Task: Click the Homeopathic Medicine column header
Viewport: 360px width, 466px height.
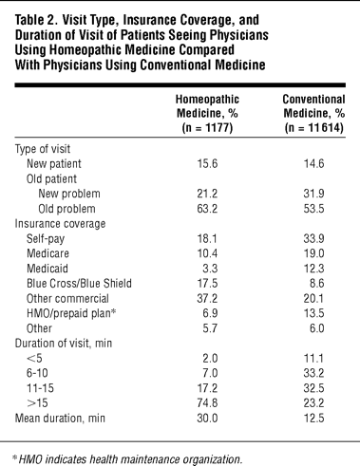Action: coord(207,114)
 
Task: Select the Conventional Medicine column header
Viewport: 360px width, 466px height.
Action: coord(313,114)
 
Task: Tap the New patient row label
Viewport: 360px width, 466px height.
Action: coord(54,164)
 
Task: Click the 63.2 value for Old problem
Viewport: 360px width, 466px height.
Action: coord(207,209)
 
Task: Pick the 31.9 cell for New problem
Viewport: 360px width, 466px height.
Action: coord(313,194)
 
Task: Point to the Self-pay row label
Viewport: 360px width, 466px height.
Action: coord(46,239)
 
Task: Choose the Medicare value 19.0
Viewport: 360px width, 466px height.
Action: coord(313,253)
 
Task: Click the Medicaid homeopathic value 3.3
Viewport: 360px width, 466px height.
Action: coord(210,269)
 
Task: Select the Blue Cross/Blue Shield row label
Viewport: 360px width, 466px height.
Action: coord(79,283)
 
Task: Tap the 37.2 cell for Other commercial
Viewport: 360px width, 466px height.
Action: coord(207,298)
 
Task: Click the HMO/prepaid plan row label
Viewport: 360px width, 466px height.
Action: coord(71,313)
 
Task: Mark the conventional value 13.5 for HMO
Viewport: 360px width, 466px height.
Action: coord(313,313)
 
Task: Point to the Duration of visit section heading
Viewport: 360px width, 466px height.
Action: coord(64,344)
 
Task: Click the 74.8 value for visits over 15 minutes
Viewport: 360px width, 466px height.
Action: coord(207,403)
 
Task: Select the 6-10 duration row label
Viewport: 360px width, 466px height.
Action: coord(37,373)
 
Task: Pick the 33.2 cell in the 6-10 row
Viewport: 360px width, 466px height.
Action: coord(313,373)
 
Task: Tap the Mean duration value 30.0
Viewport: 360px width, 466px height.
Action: coord(207,419)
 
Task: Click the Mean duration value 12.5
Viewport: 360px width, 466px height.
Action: coord(313,419)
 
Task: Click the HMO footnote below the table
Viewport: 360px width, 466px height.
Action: coord(126,459)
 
